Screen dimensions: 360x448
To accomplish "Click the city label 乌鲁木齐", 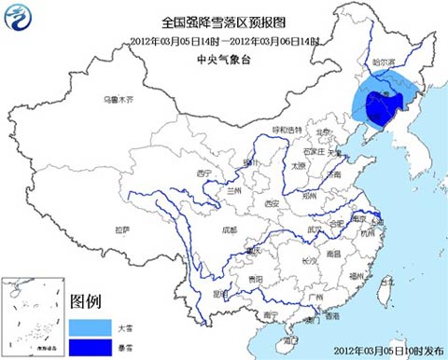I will coord(119,99).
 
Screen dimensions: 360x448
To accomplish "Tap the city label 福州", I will coord(355,275).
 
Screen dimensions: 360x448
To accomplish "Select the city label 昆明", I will coord(218,293).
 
